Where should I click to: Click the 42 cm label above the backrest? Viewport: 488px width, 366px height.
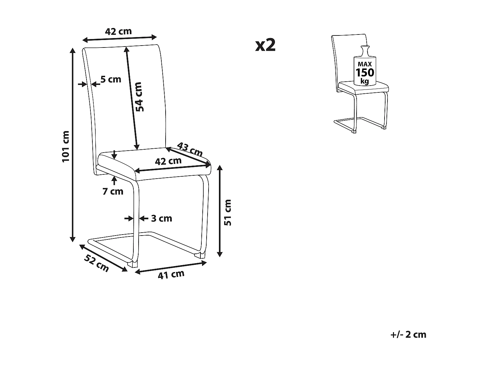pos(118,31)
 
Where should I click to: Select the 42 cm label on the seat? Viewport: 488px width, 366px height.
pos(168,161)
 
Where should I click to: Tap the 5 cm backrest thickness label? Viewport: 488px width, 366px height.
pos(111,79)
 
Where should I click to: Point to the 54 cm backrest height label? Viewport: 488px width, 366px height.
pos(139,97)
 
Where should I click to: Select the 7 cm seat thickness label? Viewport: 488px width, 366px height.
pos(113,191)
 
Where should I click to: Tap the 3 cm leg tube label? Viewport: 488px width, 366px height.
pos(161,218)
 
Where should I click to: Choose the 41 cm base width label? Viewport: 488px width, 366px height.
pos(171,275)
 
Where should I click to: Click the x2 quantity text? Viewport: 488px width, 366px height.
pos(265,45)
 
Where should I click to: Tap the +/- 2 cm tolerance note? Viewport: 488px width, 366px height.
pos(408,334)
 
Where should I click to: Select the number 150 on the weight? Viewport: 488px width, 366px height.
pos(365,72)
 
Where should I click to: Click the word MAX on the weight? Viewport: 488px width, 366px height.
pos(365,64)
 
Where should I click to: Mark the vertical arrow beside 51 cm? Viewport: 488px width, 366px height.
pos(220,211)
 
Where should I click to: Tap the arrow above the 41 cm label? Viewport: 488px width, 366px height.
pos(171,267)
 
